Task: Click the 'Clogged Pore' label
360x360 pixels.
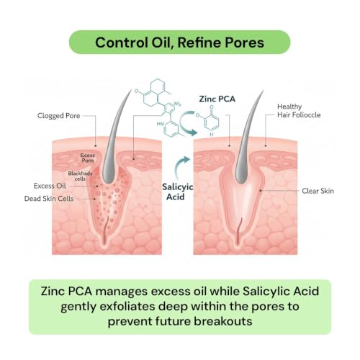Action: click(58, 116)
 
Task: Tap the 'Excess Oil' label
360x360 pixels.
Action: click(50, 186)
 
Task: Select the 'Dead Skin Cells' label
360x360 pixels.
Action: click(49, 199)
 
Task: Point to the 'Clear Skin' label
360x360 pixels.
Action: click(318, 191)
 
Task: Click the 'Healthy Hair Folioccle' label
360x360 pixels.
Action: click(299, 111)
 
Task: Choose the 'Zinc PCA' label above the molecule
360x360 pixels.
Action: click(217, 99)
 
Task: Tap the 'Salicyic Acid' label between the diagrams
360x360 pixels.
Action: click(177, 192)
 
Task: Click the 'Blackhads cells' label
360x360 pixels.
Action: click(80, 176)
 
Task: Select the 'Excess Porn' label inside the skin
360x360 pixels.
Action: click(87, 158)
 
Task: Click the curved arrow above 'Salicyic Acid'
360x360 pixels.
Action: click(179, 167)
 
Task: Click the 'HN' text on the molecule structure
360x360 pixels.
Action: click(161, 124)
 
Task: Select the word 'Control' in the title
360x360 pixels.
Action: click(122, 42)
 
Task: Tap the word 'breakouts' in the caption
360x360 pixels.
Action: click(223, 321)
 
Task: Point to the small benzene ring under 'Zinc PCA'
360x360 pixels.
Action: click(212, 122)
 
